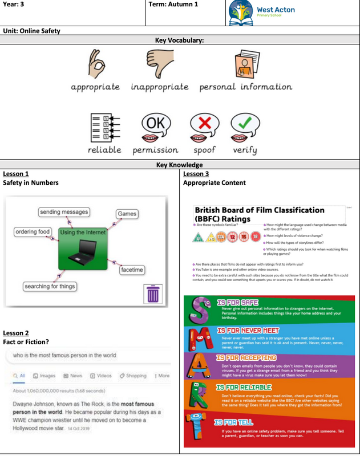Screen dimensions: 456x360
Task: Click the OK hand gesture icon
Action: [95, 63]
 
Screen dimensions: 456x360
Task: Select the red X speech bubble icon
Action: [204, 127]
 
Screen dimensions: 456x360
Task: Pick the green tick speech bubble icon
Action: [245, 127]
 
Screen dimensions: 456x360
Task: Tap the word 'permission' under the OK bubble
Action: [155, 150]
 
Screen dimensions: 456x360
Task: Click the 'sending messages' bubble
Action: [64, 212]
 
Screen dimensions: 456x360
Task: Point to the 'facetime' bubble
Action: [132, 270]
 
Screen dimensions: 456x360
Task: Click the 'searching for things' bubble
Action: [50, 286]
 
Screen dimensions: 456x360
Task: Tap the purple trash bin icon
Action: [153, 294]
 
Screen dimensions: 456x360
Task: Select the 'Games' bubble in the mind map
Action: [127, 214]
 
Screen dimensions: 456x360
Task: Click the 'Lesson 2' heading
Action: [16, 333]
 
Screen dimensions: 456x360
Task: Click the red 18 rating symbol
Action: [255, 237]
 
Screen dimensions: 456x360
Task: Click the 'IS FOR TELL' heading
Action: [236, 422]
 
